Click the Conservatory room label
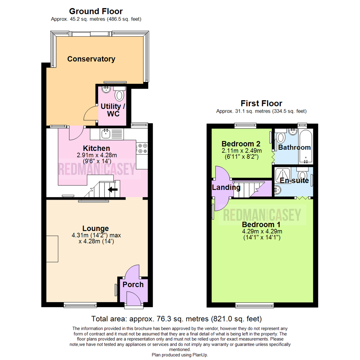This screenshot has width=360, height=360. (91, 59)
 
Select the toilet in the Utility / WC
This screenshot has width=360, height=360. (119, 95)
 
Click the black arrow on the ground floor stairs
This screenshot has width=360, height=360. (113, 190)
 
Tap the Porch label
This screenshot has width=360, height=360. (133, 284)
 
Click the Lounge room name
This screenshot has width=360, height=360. (96, 228)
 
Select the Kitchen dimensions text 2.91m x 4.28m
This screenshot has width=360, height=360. (96, 155)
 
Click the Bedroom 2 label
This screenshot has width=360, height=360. (241, 144)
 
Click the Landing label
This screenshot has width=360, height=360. (226, 187)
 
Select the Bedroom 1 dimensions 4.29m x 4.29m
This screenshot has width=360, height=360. (262, 231)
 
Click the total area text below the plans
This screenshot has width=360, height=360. (176, 318)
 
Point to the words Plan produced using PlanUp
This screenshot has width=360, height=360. (180, 355)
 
